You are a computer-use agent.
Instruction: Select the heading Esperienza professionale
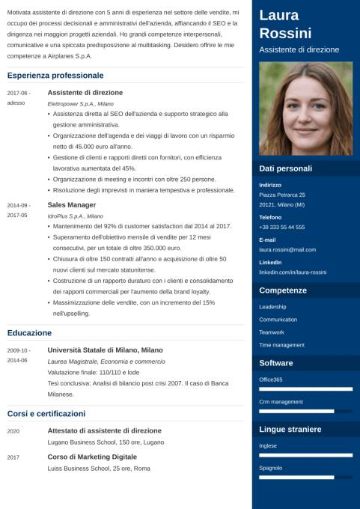pyautogui.click(x=55, y=76)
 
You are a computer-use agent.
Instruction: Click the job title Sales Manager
pyautogui.click(x=72, y=204)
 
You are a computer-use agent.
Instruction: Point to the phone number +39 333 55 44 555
pyautogui.click(x=281, y=227)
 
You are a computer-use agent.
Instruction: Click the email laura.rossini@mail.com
pyautogui.click(x=287, y=249)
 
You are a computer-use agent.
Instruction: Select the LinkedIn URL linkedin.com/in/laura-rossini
pyautogui.click(x=293, y=272)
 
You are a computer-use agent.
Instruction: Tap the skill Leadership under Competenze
pyautogui.click(x=272, y=307)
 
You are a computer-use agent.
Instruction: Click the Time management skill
pyautogui.click(x=281, y=345)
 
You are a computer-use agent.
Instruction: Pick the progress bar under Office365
pyautogui.click(x=305, y=389)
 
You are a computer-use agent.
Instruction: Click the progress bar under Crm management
pyautogui.click(x=305, y=411)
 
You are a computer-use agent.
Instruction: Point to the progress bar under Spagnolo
pyautogui.click(x=305, y=477)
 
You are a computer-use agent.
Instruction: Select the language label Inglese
pyautogui.click(x=268, y=445)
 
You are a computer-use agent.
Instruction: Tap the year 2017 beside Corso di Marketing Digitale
pyautogui.click(x=13, y=457)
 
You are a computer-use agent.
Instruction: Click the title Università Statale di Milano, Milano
pyautogui.click(x=105, y=350)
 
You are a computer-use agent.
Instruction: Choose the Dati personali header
pyautogui.click(x=285, y=168)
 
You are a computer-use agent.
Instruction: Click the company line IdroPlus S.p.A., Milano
pyautogui.click(x=75, y=216)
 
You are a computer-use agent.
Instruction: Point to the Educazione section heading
pyautogui.click(x=29, y=332)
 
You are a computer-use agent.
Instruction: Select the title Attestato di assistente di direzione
pyautogui.click(x=104, y=430)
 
